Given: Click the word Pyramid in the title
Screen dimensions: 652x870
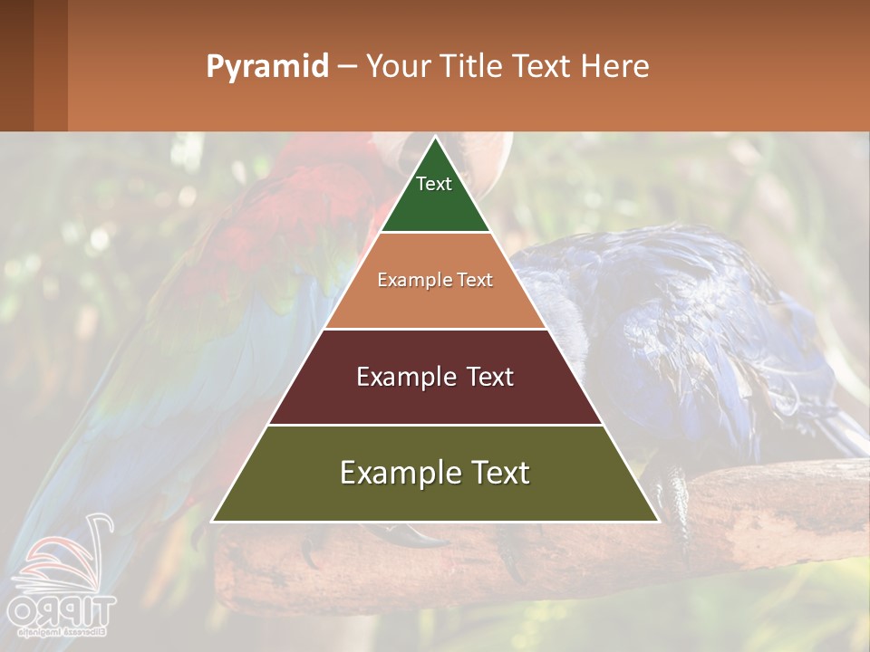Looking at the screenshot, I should coord(267,67).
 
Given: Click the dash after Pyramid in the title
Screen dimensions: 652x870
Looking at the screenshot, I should coord(347,67).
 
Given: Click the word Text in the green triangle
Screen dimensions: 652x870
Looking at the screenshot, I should coord(434,184).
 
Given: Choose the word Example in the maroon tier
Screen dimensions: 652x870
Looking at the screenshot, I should coord(406,377).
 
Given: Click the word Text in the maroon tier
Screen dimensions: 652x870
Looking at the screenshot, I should coord(488,377).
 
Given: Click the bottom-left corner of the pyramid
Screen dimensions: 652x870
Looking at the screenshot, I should coord(213,521).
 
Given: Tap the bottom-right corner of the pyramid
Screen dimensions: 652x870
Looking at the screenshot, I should coord(657,521).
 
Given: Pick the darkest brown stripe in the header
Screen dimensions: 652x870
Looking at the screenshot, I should coord(16,65).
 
